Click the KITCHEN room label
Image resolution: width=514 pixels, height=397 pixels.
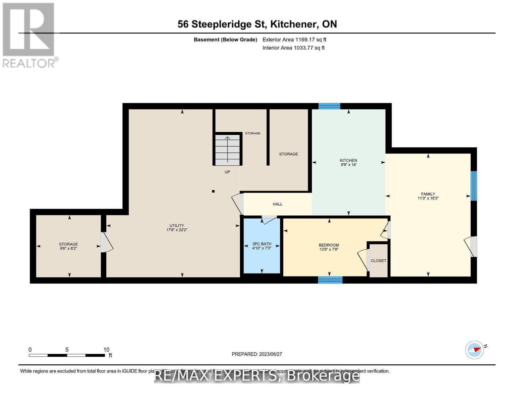coord(348,160)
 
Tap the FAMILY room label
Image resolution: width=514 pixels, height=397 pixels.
coord(428,194)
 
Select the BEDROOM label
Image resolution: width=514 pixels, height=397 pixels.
coord(329,245)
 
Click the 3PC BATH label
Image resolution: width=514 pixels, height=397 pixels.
coord(261,244)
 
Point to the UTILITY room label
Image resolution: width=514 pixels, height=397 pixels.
coord(177,226)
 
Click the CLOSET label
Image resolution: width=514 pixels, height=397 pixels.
coord(378,261)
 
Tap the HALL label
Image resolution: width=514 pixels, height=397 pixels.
coord(277,204)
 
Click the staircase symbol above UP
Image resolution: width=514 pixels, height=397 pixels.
coord(227,150)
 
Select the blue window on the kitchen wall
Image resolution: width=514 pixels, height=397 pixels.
coord(329,106)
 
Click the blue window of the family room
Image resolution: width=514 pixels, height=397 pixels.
coord(474,186)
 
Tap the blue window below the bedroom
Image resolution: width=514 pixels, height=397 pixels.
coord(330,280)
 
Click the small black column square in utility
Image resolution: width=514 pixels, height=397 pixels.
coord(213,191)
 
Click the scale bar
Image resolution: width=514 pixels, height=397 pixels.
coord(67,355)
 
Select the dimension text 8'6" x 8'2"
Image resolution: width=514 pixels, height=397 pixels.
coord(68,248)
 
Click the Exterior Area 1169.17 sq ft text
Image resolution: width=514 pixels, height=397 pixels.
coord(294,40)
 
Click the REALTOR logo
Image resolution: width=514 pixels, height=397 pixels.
coord(29,35)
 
